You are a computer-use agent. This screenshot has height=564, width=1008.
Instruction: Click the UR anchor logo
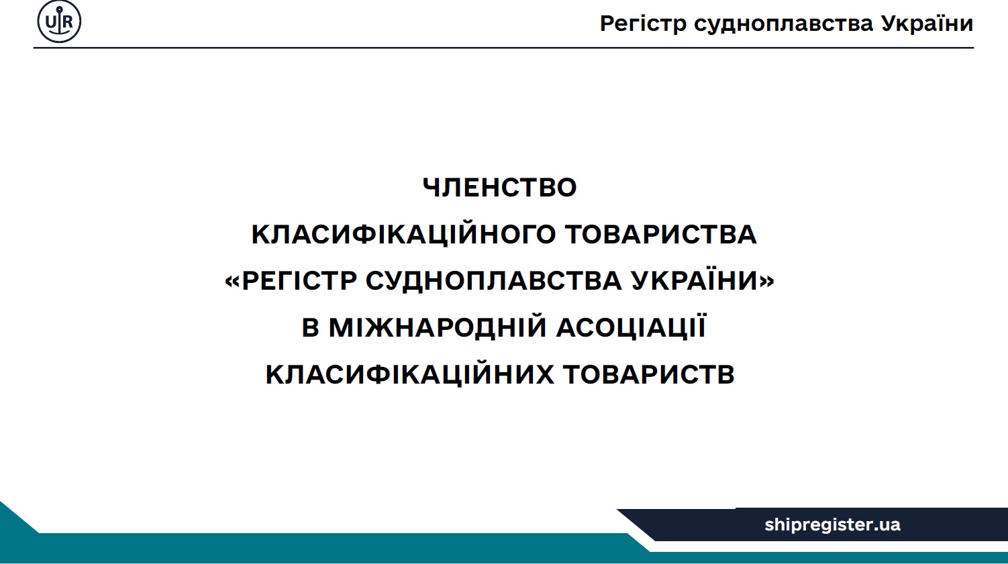[x=59, y=21]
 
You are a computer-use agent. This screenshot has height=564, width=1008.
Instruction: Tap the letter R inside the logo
[x=68, y=21]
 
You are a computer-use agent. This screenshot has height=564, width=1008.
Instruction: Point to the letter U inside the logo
[x=50, y=21]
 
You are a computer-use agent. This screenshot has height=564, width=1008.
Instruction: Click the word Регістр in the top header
[x=643, y=24]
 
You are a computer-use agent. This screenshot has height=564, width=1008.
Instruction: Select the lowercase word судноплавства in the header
[x=783, y=24]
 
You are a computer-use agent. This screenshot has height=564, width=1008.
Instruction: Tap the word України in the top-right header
[x=927, y=23]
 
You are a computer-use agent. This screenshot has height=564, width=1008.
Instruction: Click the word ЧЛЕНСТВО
[x=499, y=188]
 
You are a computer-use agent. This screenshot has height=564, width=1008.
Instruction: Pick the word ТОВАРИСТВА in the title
[x=660, y=234]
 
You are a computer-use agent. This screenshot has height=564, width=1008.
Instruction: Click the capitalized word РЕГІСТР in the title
[x=299, y=280]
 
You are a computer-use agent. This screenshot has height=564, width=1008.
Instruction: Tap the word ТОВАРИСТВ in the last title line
[x=649, y=374]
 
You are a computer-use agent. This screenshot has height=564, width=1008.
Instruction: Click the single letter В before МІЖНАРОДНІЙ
[x=311, y=327]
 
